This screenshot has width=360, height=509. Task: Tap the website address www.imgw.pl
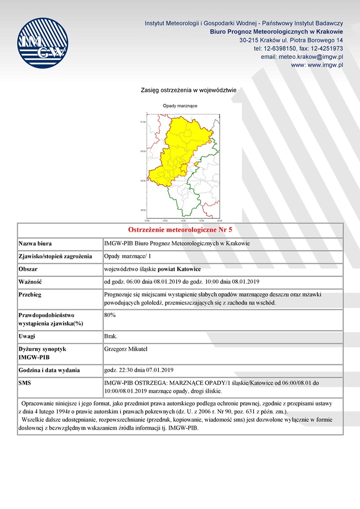point(317,65)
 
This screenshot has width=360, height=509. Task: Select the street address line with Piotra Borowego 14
point(291,40)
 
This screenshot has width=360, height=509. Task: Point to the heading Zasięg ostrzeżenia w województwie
point(188,90)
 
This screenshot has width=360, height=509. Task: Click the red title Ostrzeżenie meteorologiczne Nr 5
point(180,230)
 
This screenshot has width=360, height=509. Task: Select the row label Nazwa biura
point(35,243)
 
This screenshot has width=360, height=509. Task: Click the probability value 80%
point(109,315)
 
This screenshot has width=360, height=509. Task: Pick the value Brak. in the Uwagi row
point(111,336)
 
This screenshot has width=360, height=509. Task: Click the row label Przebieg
point(30,295)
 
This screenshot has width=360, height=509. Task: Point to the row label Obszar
point(28,269)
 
